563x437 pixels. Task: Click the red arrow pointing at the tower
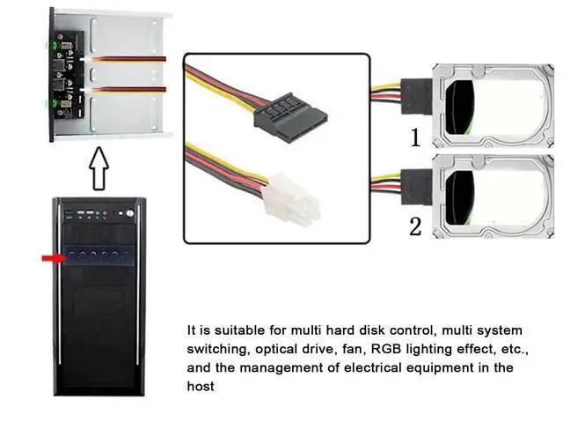55,258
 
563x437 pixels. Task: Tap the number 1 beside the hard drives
415,137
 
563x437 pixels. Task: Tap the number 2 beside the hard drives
415,226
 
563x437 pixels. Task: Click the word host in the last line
201,386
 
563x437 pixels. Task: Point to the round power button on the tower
130,213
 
